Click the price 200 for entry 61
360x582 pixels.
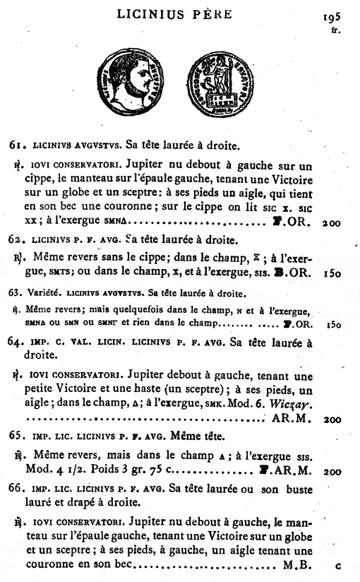point(330,223)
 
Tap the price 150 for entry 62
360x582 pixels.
point(330,273)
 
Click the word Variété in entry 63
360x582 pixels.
point(40,292)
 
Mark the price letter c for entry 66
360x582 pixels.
point(337,566)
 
